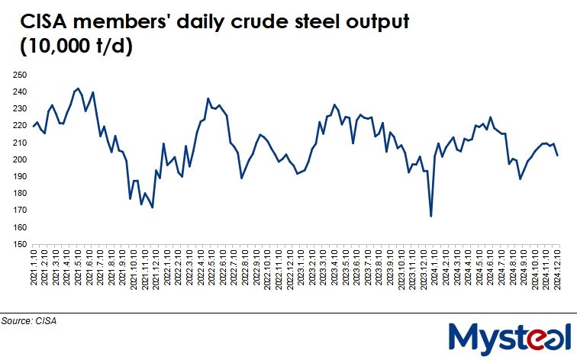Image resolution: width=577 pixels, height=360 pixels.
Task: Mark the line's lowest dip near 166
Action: pyautogui.click(x=431, y=217)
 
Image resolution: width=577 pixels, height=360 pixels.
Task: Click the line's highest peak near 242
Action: pyautogui.click(x=78, y=88)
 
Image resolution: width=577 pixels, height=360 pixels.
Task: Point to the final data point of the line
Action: pyautogui.click(x=559, y=156)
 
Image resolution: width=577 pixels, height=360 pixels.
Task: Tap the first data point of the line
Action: pyautogui.click(x=34, y=126)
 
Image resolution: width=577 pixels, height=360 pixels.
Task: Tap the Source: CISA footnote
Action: pyautogui.click(x=30, y=321)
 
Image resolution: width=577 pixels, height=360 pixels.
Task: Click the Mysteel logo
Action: pyautogui.click(x=510, y=336)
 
